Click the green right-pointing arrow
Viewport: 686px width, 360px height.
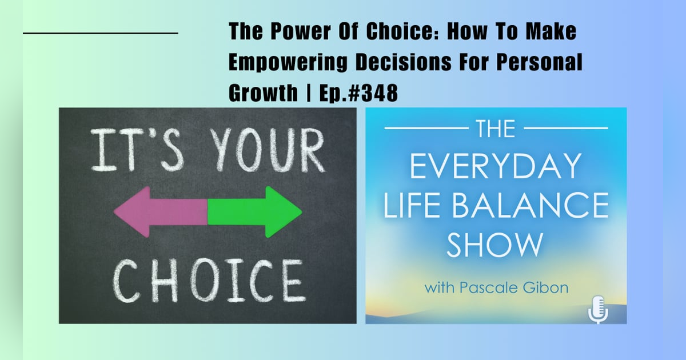(254, 211)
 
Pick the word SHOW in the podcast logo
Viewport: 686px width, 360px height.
(495, 244)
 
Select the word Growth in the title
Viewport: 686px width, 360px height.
(260, 93)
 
